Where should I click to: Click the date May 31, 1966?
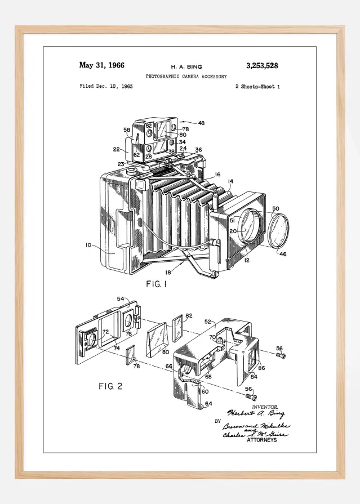102,65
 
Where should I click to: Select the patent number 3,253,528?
262,65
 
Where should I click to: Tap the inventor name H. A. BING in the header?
186,66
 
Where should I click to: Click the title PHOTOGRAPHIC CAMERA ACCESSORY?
186,76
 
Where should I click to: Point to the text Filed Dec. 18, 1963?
106,87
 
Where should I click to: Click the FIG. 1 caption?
157,284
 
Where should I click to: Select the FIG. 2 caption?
110,386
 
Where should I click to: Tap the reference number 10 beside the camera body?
88,245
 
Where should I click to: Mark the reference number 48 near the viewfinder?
201,123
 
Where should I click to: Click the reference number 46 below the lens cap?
283,255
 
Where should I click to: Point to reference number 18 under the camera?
168,272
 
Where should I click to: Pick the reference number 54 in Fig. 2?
120,299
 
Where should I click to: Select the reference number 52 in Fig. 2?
207,322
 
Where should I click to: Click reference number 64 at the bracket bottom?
208,403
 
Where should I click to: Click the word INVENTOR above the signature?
265,407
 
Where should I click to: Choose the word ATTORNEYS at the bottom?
262,440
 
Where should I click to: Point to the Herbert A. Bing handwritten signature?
248,414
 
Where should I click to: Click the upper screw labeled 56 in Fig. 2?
282,355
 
